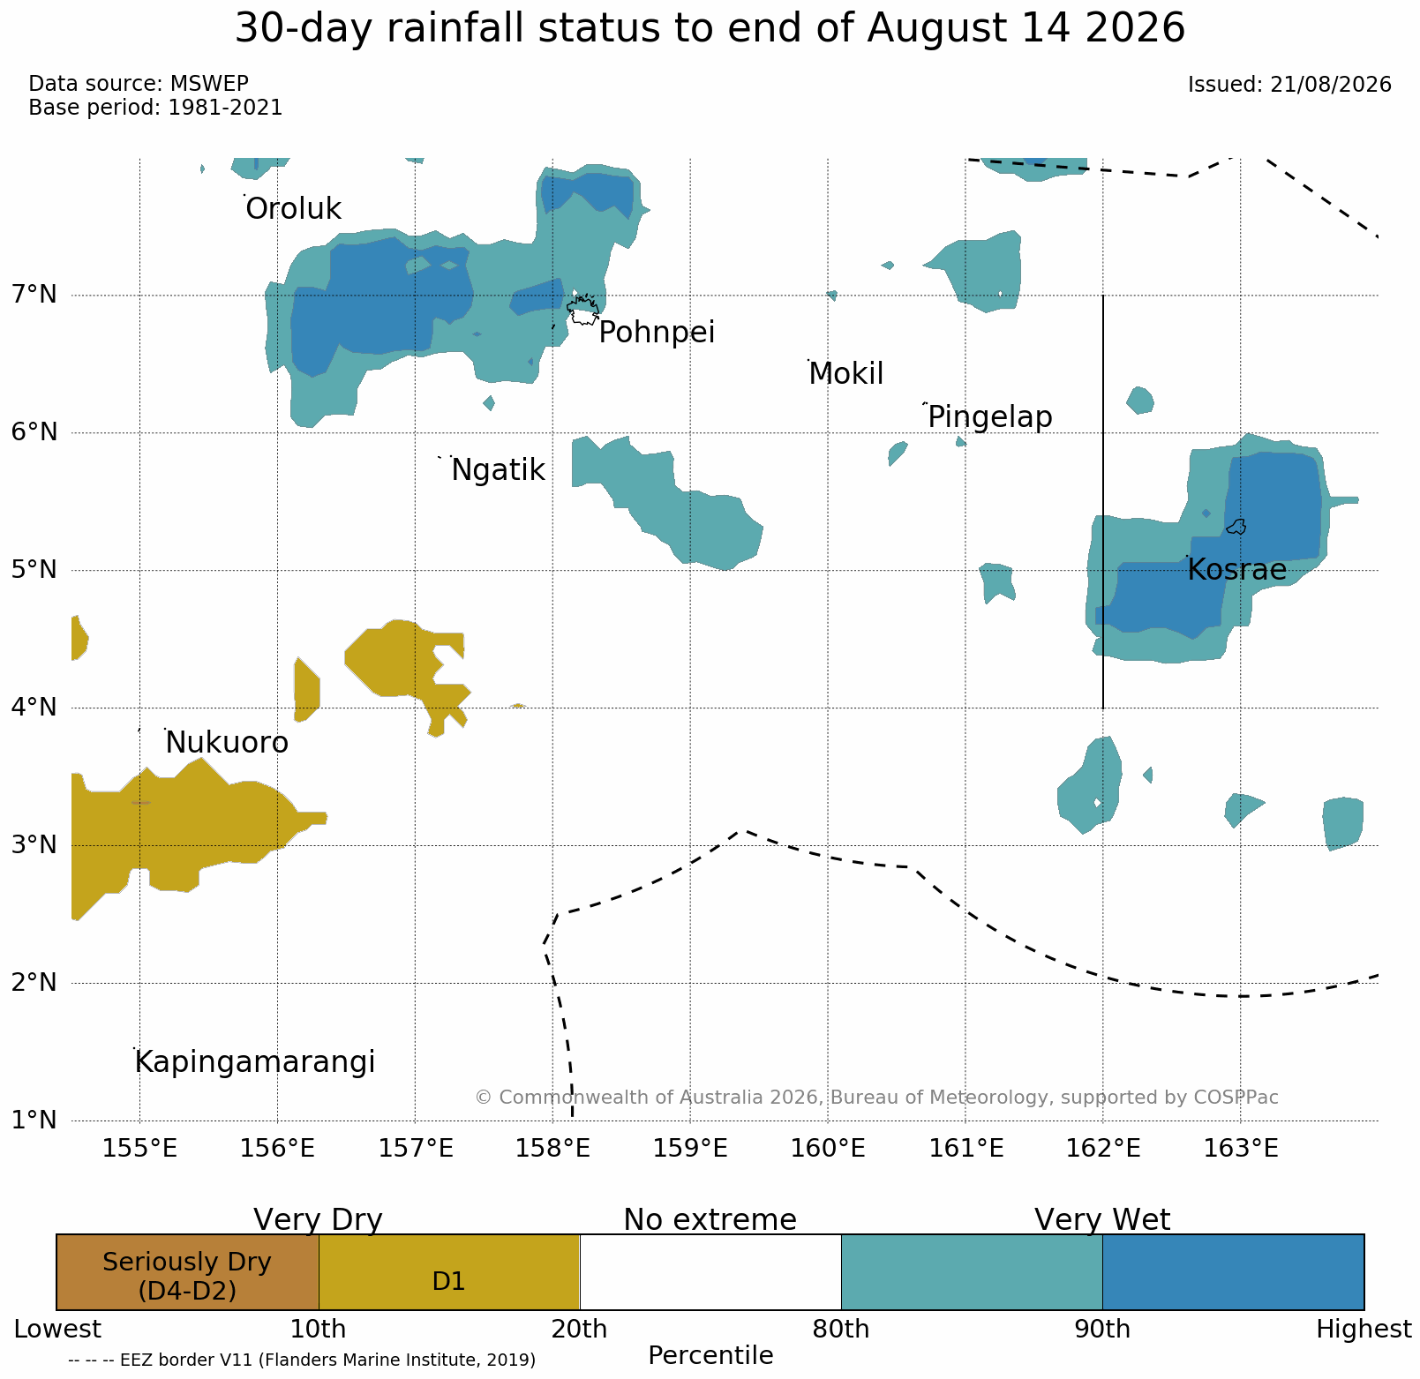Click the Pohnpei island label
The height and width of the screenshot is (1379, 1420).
[x=657, y=334]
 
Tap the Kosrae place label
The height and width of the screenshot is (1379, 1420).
[x=1236, y=570]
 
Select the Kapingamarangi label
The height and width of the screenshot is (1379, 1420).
[x=255, y=1062]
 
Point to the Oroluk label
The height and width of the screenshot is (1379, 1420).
[x=293, y=209]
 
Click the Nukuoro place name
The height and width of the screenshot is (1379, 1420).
[x=227, y=744]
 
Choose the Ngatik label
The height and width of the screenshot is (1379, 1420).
[x=498, y=470]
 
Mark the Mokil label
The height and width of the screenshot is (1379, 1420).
[x=845, y=374]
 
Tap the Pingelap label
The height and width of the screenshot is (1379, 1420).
[x=990, y=416]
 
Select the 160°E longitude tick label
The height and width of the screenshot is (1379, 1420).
[x=827, y=1149]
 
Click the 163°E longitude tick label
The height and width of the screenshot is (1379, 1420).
[x=1240, y=1149]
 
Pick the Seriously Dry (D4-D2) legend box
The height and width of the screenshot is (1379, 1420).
[x=187, y=1272]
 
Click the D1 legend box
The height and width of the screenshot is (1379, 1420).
[x=449, y=1272]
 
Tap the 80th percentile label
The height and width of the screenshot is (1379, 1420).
[x=840, y=1330]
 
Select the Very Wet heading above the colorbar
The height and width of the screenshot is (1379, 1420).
[x=1102, y=1219]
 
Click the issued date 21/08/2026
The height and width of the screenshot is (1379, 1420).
[x=1331, y=85]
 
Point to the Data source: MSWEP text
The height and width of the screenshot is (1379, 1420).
[x=139, y=84]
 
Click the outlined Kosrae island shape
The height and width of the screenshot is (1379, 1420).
[x=1236, y=527]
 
